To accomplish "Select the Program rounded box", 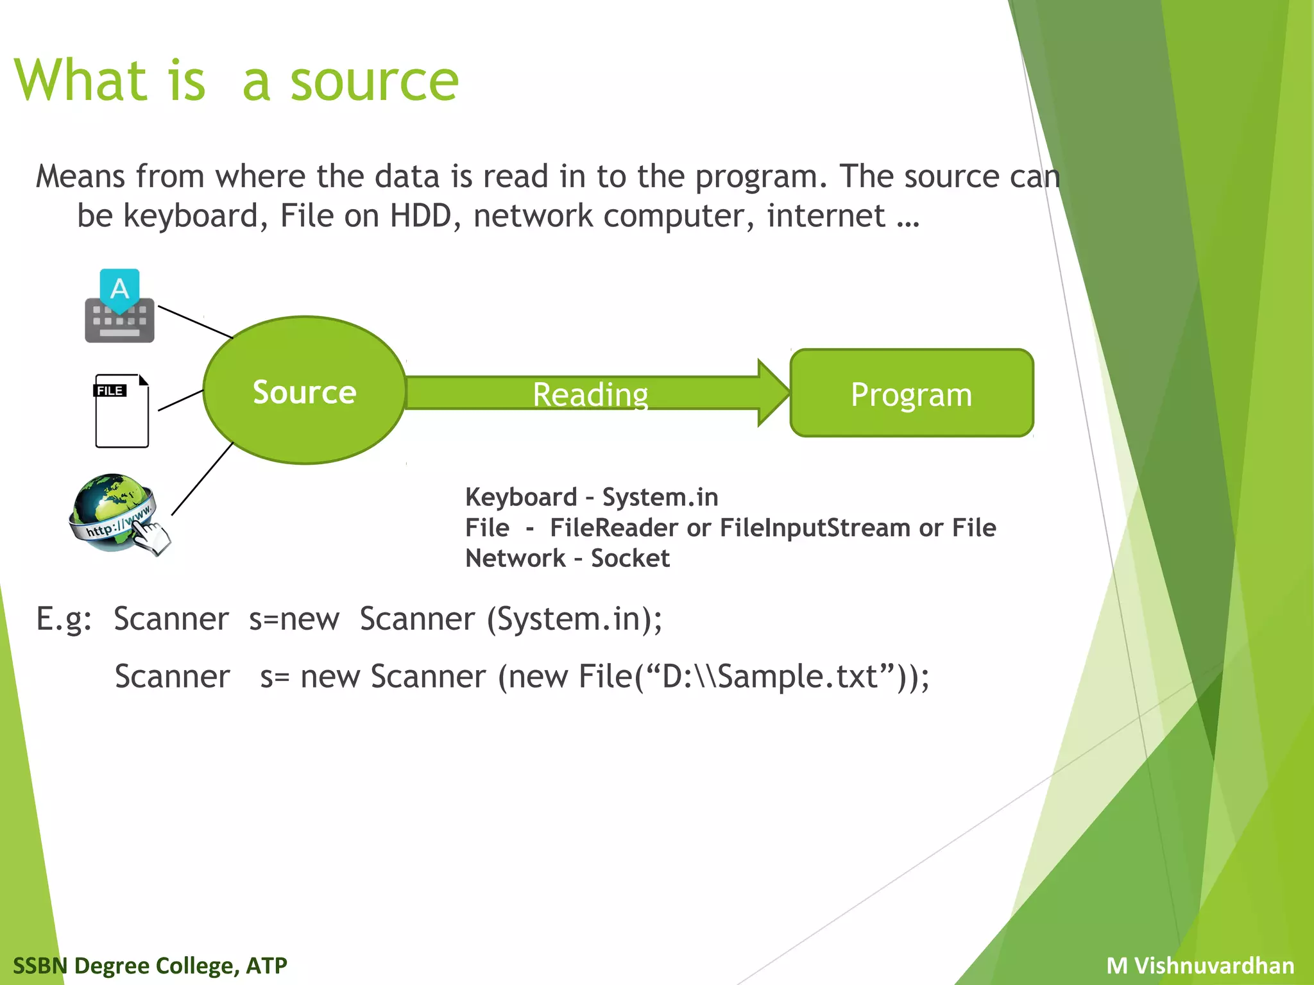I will click(x=911, y=393).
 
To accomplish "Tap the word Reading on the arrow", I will click(x=590, y=394).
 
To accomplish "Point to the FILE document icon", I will click(x=122, y=411).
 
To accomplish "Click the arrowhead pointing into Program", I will click(x=772, y=392).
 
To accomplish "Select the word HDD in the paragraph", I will click(x=420, y=216).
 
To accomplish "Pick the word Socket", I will click(x=630, y=558).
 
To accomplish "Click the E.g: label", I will click(x=64, y=619).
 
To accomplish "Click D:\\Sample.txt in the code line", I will click(x=770, y=677).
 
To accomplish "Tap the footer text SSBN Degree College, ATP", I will click(x=150, y=965).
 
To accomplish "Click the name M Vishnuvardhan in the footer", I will click(x=1200, y=965).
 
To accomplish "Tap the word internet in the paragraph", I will click(x=826, y=216).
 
